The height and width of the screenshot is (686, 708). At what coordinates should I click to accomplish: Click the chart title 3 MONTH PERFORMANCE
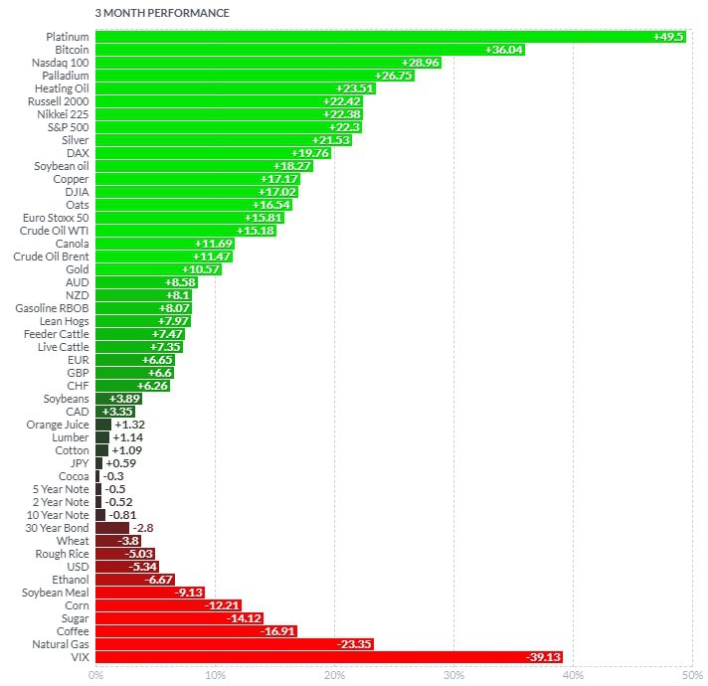[161, 14]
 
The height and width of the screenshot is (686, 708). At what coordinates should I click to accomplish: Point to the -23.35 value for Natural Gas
[353, 644]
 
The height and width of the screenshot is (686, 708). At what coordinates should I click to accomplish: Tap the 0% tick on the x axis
[95, 676]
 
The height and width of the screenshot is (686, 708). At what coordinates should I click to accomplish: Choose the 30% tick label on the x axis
[453, 676]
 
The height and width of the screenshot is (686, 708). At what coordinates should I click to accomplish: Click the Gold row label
[77, 269]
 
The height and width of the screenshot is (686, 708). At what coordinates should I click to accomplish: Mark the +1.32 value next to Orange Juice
[129, 425]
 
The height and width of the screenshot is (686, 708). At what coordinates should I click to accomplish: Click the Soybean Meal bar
[150, 593]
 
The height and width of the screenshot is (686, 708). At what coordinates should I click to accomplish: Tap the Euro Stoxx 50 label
[56, 218]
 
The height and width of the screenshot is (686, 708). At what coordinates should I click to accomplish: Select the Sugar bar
[180, 618]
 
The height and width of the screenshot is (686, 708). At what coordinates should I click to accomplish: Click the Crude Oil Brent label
[51, 257]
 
